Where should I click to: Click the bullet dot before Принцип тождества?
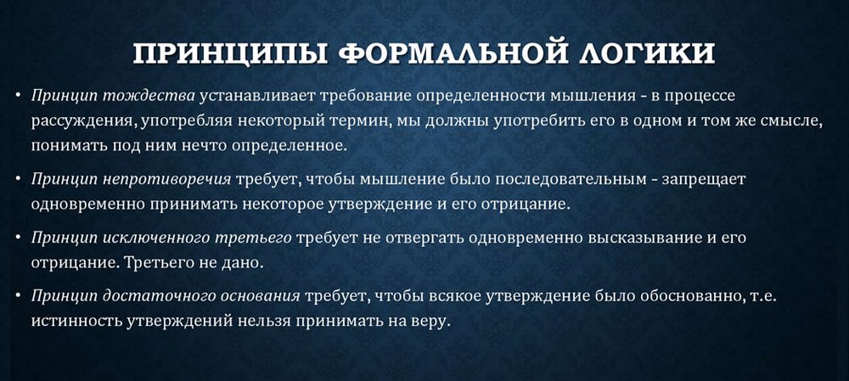click(x=18, y=96)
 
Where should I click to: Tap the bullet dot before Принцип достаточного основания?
click(x=18, y=295)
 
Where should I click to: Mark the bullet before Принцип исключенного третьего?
click(x=18, y=238)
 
